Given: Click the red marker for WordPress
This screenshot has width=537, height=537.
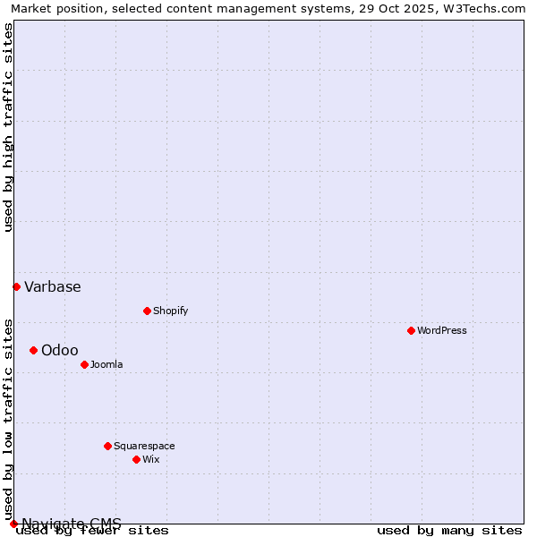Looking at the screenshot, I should [x=411, y=330].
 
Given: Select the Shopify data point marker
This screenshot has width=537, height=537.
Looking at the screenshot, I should [x=147, y=311].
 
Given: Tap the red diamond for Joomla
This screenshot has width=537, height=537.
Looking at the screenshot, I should [x=84, y=364].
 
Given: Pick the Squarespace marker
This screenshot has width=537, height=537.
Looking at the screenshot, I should [x=107, y=446].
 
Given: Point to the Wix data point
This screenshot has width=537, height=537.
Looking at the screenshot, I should [x=136, y=459].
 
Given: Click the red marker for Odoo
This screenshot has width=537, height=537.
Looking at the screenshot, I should [x=33, y=350].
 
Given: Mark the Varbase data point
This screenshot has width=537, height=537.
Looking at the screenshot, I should [x=16, y=286].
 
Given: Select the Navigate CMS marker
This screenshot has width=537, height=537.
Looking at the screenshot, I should [x=13, y=524].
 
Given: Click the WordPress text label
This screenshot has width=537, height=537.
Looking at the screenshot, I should [x=442, y=330].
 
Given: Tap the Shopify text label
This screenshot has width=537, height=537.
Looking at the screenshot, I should [x=170, y=311].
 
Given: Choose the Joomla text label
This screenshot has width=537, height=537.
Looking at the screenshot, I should [x=107, y=364].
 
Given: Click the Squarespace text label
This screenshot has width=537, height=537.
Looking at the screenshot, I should [x=144, y=446].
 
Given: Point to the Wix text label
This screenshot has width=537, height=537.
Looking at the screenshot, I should [x=150, y=459].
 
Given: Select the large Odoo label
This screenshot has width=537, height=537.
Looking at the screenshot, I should [x=60, y=350].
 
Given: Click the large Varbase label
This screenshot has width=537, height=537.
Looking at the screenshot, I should [x=53, y=286].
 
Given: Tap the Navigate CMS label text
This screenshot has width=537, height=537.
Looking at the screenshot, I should [x=72, y=524].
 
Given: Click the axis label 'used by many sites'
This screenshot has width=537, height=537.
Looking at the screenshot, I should [x=449, y=530].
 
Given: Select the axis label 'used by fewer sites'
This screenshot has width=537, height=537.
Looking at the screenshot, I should [x=92, y=530].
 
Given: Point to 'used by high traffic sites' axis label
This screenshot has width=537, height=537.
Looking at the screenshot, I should [x=8, y=127].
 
